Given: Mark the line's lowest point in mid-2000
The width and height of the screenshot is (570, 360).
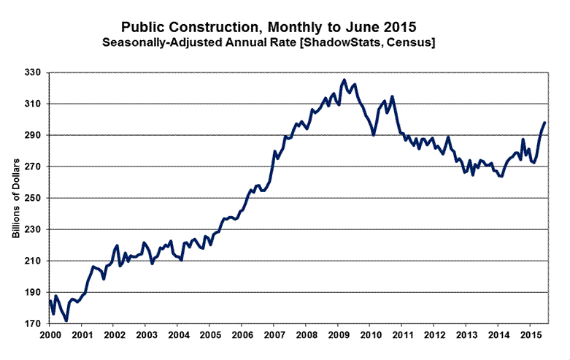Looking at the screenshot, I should click(66, 320).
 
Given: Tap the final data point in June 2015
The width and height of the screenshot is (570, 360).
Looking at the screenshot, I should click(544, 123).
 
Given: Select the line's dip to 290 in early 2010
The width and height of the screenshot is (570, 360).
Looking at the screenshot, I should click(374, 135).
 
